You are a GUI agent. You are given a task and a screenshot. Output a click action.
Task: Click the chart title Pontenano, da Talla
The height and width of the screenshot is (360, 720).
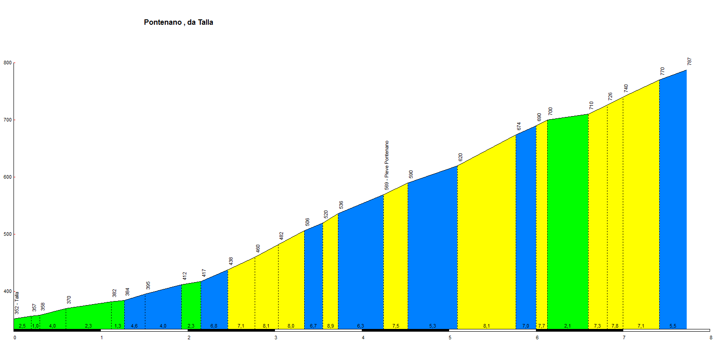click(x=178, y=22)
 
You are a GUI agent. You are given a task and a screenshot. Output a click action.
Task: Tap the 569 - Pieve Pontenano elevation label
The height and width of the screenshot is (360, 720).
click(x=387, y=165)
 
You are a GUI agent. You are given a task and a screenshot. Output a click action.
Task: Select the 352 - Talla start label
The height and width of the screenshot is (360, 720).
click(x=17, y=303)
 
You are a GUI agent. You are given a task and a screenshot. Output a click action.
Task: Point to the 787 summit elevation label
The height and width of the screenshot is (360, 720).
click(x=689, y=62)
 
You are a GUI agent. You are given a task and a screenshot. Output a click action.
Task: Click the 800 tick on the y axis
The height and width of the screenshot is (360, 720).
click(x=7, y=63)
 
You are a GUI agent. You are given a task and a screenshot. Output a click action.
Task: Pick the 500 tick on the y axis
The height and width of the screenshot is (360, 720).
click(x=7, y=234)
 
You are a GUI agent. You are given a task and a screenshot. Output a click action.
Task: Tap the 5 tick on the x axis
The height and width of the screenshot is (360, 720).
click(x=450, y=337)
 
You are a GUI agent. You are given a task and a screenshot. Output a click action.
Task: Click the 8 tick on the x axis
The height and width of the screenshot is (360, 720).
click(x=711, y=337)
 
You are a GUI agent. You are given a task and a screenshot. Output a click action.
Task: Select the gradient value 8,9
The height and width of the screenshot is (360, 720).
click(x=330, y=326)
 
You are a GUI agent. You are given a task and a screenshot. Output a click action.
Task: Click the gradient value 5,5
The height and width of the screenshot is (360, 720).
click(x=673, y=326)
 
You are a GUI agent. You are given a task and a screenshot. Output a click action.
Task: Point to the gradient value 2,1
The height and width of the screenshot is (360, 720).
click(x=567, y=326)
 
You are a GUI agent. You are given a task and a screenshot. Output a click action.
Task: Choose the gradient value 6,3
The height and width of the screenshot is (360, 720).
click(x=360, y=326)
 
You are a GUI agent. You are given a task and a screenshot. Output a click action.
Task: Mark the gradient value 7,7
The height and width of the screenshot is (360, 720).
click(x=541, y=326)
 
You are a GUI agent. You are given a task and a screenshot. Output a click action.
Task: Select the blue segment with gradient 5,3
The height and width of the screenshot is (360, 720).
click(x=432, y=252)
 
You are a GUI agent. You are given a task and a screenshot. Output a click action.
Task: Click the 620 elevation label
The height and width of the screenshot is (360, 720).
click(x=460, y=157)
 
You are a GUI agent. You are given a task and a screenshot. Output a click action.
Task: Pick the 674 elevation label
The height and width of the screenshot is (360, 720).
click(x=519, y=126)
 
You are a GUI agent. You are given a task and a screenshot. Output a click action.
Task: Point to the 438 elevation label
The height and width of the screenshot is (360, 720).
click(x=231, y=261)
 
